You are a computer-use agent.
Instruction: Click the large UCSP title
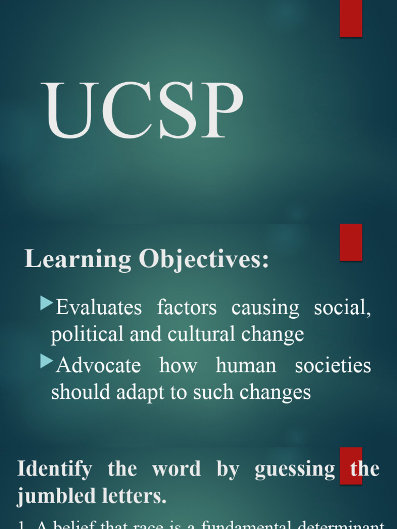pos(144,111)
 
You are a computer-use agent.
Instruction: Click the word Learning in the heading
pos(77,259)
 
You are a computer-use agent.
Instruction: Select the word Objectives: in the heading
pos(204,259)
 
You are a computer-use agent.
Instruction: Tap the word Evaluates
pos(99,308)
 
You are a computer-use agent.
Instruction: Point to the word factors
pos(187,308)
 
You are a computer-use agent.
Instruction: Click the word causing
pos(265,308)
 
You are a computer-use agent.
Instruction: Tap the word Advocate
pos(98,366)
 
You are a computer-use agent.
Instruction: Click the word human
pos(246,366)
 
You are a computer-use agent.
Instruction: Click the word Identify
pos(55,470)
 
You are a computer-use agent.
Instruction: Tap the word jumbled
pos(55,497)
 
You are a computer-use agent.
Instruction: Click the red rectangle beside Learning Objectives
pos(351,242)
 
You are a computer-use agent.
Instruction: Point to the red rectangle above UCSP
pos(351,18)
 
